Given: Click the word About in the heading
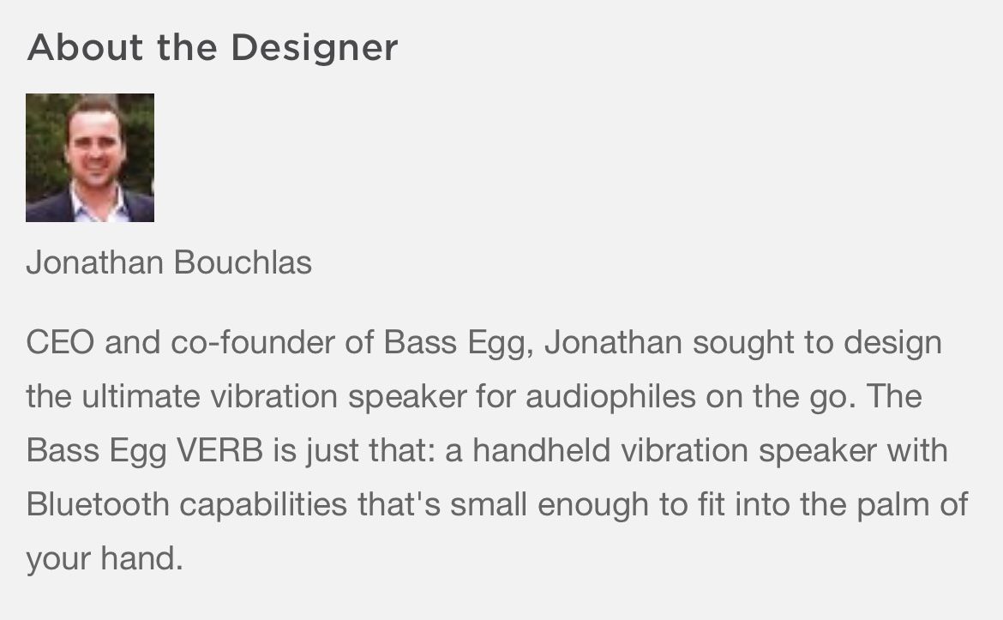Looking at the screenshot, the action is tap(85, 47).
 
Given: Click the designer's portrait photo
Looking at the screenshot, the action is tap(89, 158).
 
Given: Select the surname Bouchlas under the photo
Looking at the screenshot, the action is tap(243, 262).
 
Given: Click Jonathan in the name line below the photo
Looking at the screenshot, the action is tap(94, 262).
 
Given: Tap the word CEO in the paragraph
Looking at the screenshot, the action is tap(60, 342).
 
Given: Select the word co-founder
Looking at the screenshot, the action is tap(253, 342).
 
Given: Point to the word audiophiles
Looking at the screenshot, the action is tap(610, 397).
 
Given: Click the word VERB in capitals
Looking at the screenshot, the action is tap(219, 450).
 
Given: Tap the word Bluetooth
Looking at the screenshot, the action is tap(97, 504).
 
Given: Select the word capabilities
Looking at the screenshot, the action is tap(263, 505).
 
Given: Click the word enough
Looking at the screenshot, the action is tap(593, 505).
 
